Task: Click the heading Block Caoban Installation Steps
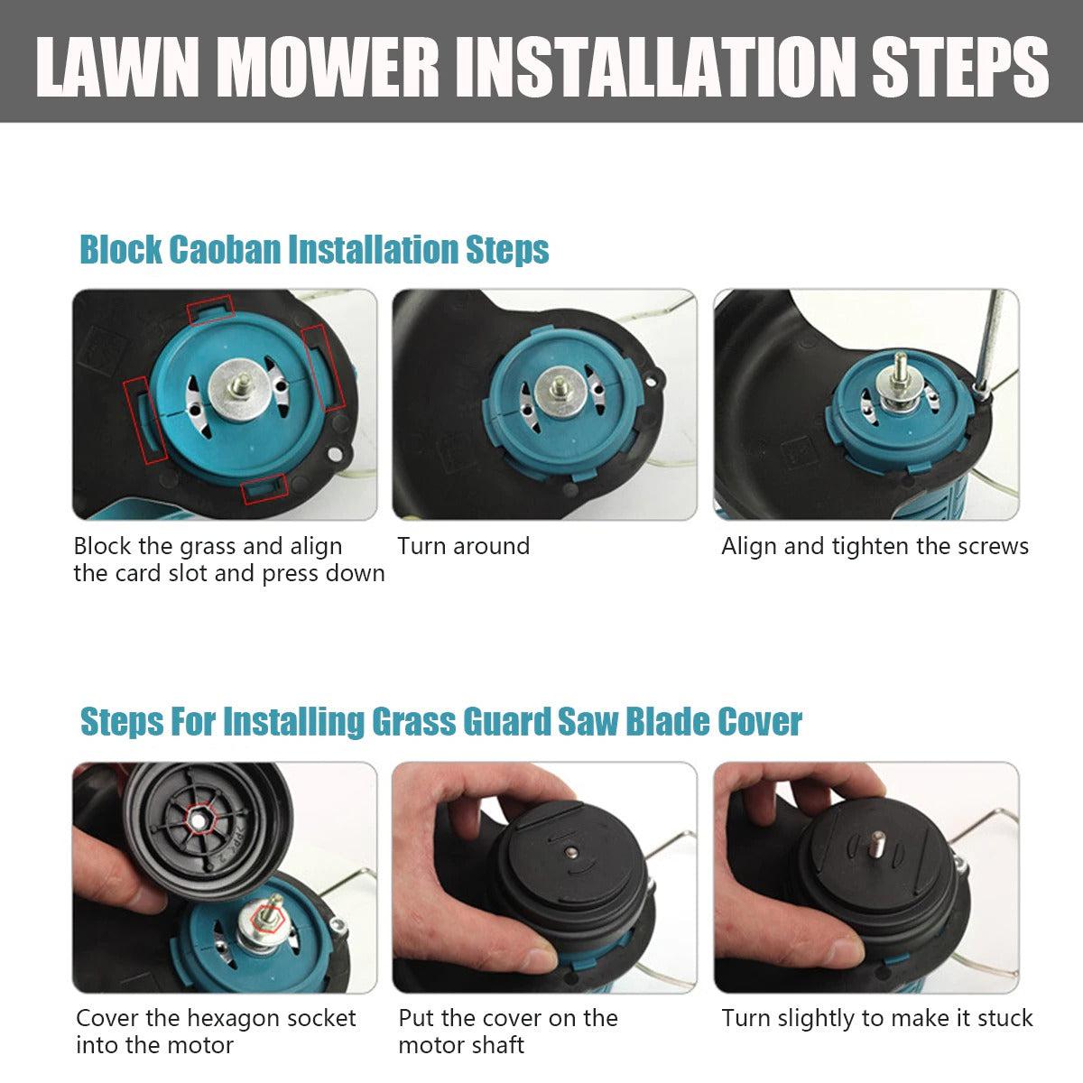point(315,249)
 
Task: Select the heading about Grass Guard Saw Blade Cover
point(441,722)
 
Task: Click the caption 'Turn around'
point(463,547)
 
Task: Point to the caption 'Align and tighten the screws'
point(875,547)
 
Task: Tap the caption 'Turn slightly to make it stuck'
point(876,1019)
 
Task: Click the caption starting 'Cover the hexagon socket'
point(216,1019)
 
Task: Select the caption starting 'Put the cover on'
point(508,1019)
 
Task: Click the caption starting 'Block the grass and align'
point(208,547)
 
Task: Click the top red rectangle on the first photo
point(209,310)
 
